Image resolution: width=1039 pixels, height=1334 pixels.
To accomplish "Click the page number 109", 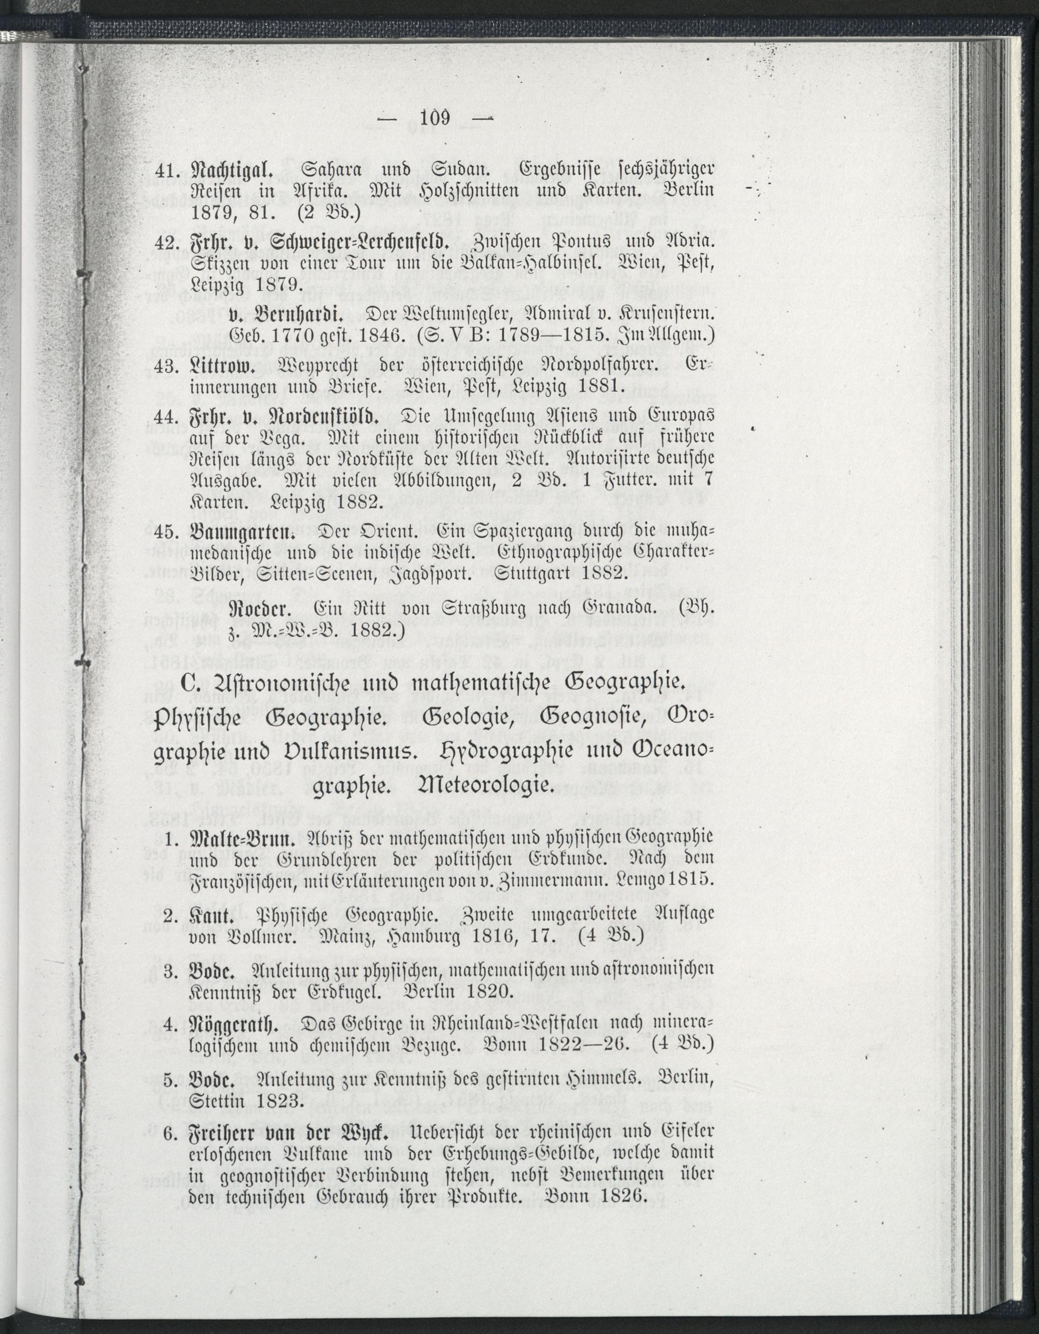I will click(434, 117).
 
